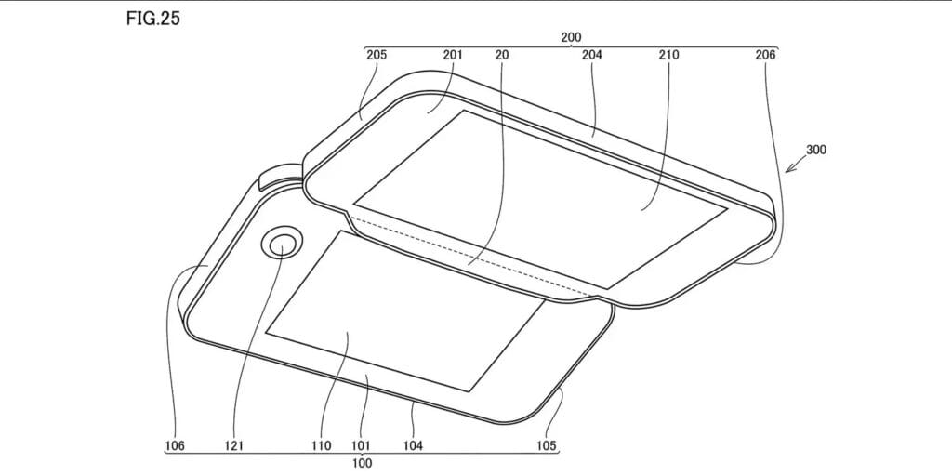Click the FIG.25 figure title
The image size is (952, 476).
(x=153, y=19)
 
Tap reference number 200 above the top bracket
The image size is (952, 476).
(x=571, y=37)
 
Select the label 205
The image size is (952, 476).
(x=377, y=55)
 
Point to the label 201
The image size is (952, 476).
(x=453, y=55)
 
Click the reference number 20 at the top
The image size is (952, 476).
(x=502, y=55)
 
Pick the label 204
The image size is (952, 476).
(x=591, y=55)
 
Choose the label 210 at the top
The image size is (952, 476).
(x=668, y=55)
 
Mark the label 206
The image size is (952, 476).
(x=765, y=55)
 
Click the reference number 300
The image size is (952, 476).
(x=816, y=150)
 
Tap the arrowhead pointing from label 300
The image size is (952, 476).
(x=788, y=169)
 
